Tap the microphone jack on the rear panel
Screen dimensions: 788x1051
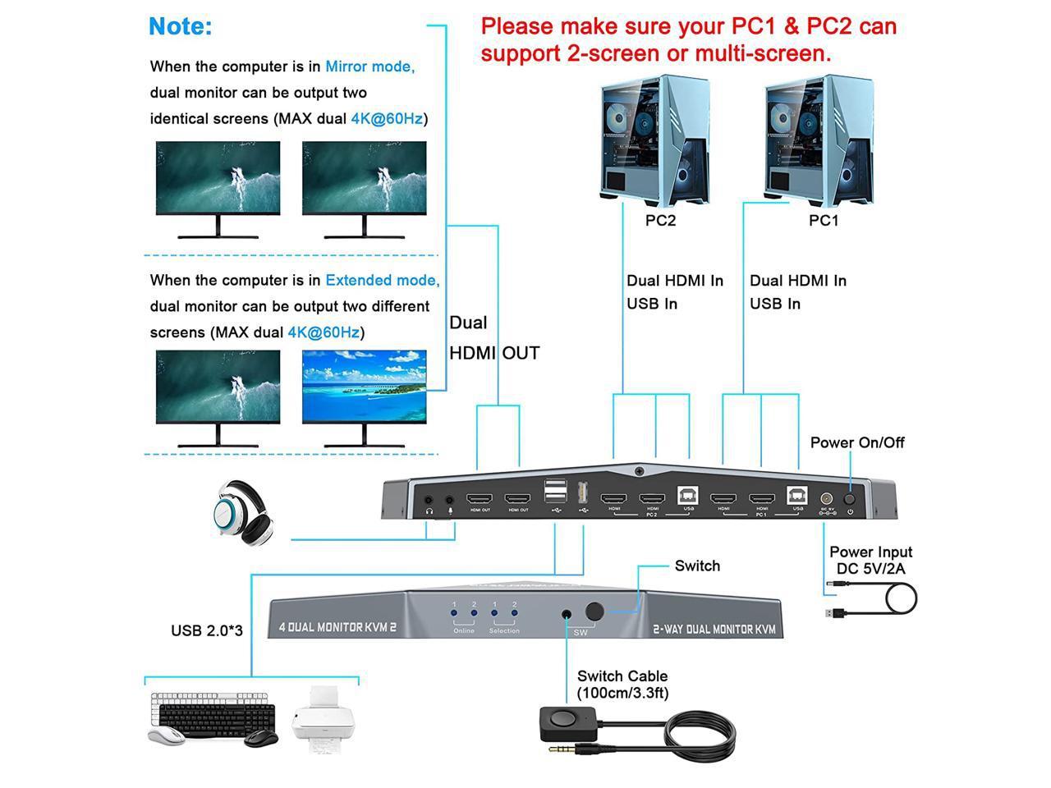click(x=449, y=499)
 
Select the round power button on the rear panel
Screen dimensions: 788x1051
click(x=850, y=497)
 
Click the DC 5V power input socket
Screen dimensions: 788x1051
click(x=827, y=497)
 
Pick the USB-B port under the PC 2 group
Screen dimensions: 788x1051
click(x=688, y=496)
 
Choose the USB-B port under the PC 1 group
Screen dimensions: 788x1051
click(x=796, y=496)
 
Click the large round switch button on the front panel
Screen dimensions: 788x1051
click(x=594, y=612)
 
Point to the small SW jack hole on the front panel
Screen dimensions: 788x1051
click(x=567, y=614)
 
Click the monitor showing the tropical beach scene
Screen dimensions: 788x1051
click(x=365, y=385)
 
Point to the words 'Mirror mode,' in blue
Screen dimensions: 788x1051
click(x=369, y=66)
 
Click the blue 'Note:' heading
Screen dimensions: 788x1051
click(x=180, y=26)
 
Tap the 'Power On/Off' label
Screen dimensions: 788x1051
click(x=856, y=442)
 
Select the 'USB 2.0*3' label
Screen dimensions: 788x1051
click(x=207, y=630)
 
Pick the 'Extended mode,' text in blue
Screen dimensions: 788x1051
click(x=382, y=280)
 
